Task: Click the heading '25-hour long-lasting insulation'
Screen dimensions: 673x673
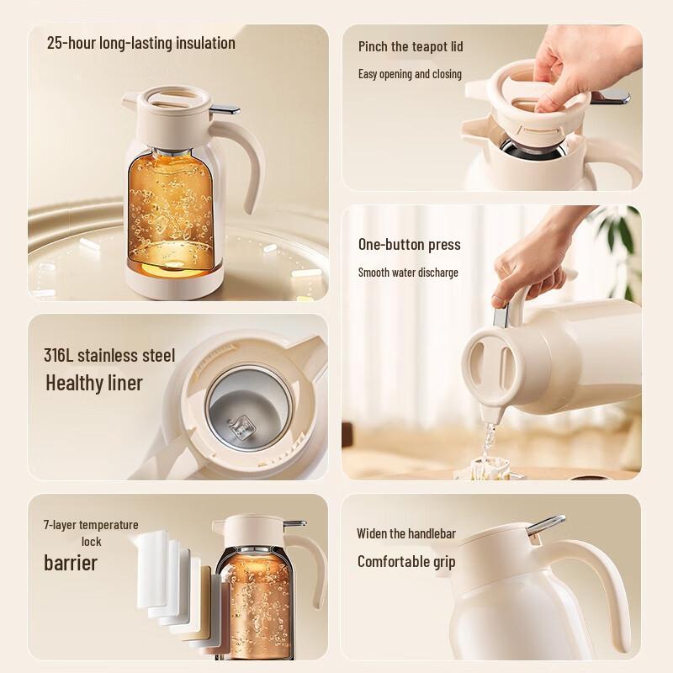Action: (x=141, y=43)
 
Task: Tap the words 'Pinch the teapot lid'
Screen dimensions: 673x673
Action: (x=411, y=46)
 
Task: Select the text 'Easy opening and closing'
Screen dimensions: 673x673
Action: (x=410, y=74)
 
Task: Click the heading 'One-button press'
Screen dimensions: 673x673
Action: (x=409, y=245)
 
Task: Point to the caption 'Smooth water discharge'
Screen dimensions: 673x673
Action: (x=408, y=273)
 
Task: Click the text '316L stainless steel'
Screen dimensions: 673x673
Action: (x=109, y=356)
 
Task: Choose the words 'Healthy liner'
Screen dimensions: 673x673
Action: (x=94, y=384)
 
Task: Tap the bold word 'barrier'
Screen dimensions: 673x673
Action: (x=71, y=562)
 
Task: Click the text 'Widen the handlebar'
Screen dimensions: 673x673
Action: (x=406, y=533)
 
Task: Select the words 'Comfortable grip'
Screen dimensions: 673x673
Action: (x=406, y=561)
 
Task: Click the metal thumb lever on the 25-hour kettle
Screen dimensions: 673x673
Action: (x=223, y=109)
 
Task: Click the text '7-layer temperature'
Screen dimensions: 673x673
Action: (x=91, y=525)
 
